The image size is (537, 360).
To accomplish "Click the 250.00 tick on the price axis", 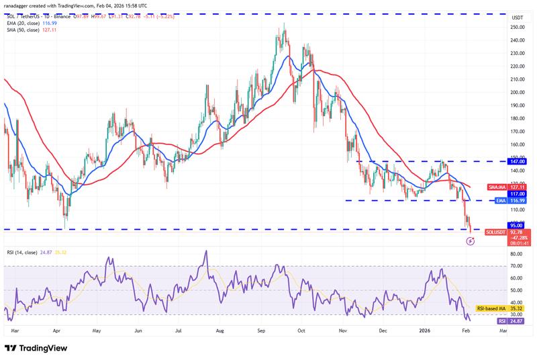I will [518, 27].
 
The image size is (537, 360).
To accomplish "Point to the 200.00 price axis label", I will [518, 92].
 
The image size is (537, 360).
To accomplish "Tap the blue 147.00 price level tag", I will [518, 162].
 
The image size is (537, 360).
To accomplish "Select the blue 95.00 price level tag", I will [518, 226].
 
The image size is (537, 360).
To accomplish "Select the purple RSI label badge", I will [501, 321].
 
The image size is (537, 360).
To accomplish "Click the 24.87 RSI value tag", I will [518, 321].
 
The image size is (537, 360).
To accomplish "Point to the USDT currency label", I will [518, 17].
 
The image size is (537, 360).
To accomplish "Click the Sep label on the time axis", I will [261, 331].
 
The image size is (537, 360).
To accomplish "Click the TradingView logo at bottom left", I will [38, 348].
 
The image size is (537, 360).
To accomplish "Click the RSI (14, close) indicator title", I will [26, 252].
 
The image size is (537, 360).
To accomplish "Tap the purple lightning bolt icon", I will [471, 240].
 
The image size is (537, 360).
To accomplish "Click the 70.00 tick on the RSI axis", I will [518, 266].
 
